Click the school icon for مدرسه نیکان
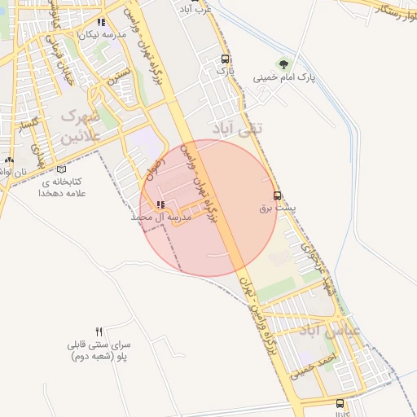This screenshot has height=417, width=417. click(x=101, y=23)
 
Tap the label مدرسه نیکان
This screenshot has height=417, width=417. click(x=102, y=35)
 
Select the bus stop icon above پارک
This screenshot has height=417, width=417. click(x=225, y=59)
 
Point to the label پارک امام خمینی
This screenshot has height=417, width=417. click(x=283, y=78)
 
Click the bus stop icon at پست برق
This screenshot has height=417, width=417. click(x=279, y=196)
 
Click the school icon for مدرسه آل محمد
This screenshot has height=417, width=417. click(x=160, y=204)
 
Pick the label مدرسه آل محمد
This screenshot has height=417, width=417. click(x=160, y=217)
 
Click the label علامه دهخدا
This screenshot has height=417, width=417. click(x=62, y=194)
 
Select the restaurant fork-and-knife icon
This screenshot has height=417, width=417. click(x=99, y=331)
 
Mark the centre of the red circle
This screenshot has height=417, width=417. click(x=209, y=208)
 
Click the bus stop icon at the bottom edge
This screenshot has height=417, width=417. click(x=340, y=403)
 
